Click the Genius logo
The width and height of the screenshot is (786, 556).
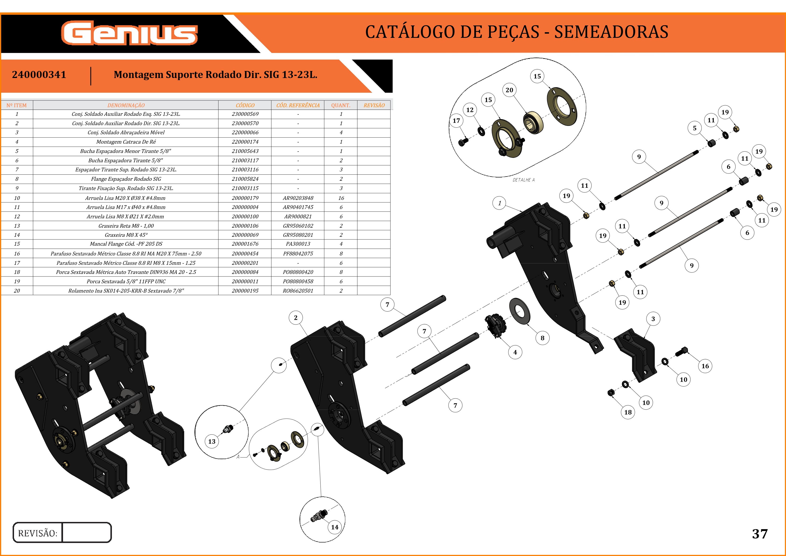point(129,33)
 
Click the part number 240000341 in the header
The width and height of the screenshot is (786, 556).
point(39,75)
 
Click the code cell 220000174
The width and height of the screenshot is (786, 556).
point(245,142)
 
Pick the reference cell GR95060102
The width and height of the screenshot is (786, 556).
point(298,226)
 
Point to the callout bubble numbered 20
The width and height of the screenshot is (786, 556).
point(509,90)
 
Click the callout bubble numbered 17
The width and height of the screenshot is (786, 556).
point(456,120)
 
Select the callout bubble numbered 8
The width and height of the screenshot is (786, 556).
point(542,338)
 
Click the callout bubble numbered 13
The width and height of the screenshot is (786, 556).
point(212,441)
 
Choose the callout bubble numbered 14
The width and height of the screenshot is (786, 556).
point(335,527)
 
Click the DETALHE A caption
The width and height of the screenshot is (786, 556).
point(523,180)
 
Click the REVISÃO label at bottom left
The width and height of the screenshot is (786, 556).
point(38,533)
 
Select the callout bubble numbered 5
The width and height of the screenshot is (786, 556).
point(694,128)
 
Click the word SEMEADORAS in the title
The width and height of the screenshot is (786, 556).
point(611,32)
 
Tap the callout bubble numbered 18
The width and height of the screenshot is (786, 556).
point(628,412)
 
